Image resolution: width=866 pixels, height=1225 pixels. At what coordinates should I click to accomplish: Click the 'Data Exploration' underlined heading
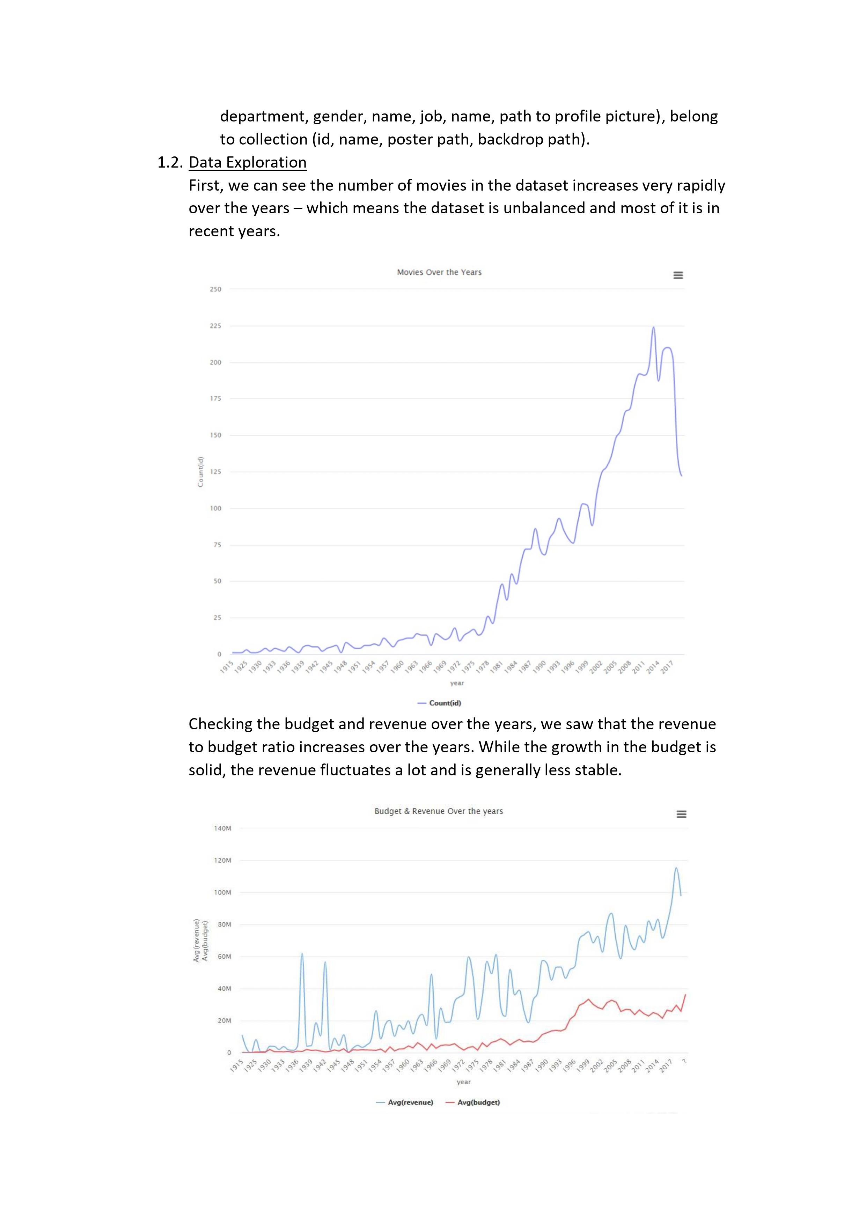pyautogui.click(x=248, y=162)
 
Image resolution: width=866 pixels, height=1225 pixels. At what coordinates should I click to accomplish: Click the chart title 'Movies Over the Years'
pyautogui.click(x=439, y=272)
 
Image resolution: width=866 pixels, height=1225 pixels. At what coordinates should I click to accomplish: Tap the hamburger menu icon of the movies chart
pyautogui.click(x=678, y=275)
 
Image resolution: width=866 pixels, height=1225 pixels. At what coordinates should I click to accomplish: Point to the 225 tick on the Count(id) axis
pyautogui.click(x=215, y=325)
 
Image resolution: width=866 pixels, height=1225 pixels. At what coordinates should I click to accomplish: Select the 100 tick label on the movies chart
pyautogui.click(x=215, y=508)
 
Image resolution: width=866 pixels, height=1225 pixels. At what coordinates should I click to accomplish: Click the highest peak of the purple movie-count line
pyautogui.click(x=654, y=327)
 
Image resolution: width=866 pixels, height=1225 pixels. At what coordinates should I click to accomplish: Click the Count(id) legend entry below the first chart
pyautogui.click(x=439, y=703)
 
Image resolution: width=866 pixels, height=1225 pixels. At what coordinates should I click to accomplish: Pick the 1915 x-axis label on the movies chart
pyautogui.click(x=227, y=666)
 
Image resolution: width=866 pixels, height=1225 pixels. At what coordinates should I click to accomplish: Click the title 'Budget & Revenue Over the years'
pyautogui.click(x=439, y=811)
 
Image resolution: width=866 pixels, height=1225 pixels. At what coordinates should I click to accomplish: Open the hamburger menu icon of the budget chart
pyautogui.click(x=681, y=814)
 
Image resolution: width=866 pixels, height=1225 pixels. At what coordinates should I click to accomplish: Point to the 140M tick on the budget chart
pyautogui.click(x=222, y=828)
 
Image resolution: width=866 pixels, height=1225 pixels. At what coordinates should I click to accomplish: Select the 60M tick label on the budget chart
pyautogui.click(x=224, y=957)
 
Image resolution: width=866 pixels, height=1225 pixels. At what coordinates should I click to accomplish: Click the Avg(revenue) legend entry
pyautogui.click(x=405, y=1102)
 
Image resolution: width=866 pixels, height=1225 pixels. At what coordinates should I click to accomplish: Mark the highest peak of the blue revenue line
pyautogui.click(x=676, y=868)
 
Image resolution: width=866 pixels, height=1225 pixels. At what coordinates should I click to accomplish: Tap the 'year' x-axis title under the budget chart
pyautogui.click(x=464, y=1082)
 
